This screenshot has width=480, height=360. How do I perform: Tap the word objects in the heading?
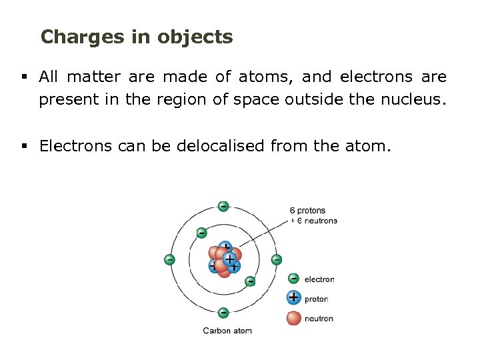coord(195,37)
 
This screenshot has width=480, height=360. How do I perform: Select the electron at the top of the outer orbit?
coord(223,206)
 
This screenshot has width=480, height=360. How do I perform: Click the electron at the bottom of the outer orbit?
coord(223,312)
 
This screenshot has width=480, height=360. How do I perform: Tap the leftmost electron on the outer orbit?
coord(170,259)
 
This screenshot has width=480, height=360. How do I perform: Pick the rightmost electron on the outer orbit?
coord(276,259)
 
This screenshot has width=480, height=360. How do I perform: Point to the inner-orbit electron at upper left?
coord(201,233)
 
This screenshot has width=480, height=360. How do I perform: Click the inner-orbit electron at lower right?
coord(250,281)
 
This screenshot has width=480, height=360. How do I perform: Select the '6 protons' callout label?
coord(308,211)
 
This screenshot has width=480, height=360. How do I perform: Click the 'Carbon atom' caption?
coord(227,331)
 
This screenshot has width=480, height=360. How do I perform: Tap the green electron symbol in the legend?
coord(293,279)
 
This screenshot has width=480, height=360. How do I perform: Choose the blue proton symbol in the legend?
coord(293,298)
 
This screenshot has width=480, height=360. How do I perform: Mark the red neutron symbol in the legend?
coord(293,318)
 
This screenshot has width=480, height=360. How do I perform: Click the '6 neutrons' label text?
coord(317,221)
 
